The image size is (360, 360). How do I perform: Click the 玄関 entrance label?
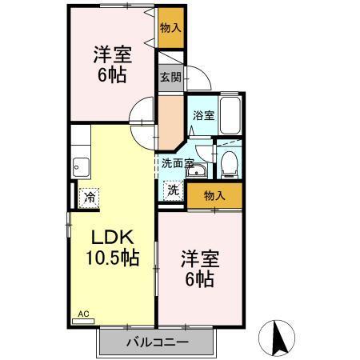point(169,78)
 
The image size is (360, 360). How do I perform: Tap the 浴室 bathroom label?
point(203,114)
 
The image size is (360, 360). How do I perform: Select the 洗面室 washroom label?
point(178,162)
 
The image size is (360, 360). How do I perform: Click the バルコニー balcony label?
point(158,342)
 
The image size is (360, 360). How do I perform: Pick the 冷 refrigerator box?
point(90,195)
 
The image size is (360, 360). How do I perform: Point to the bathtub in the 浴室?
point(230,115)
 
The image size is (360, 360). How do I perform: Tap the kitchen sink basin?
point(81,167)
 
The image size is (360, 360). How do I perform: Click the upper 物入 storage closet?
point(170,27)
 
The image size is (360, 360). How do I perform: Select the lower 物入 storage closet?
point(214,195)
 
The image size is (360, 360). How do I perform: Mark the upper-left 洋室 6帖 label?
point(113,63)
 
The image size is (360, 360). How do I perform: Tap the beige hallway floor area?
point(170,118)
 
